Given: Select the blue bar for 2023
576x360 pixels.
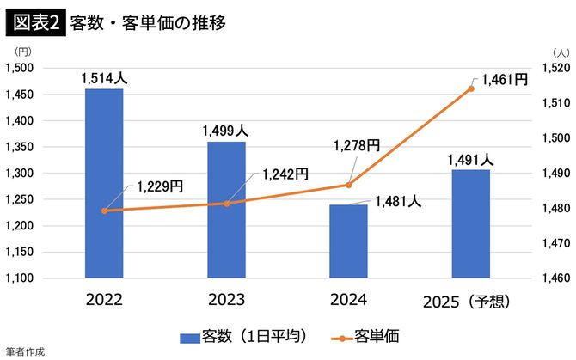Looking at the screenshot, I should point(226,210).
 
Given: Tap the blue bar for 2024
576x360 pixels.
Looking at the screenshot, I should point(348,241).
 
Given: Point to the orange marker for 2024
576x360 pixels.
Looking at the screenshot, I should point(348,185).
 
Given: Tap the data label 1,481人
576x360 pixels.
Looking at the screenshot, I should point(398,202).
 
